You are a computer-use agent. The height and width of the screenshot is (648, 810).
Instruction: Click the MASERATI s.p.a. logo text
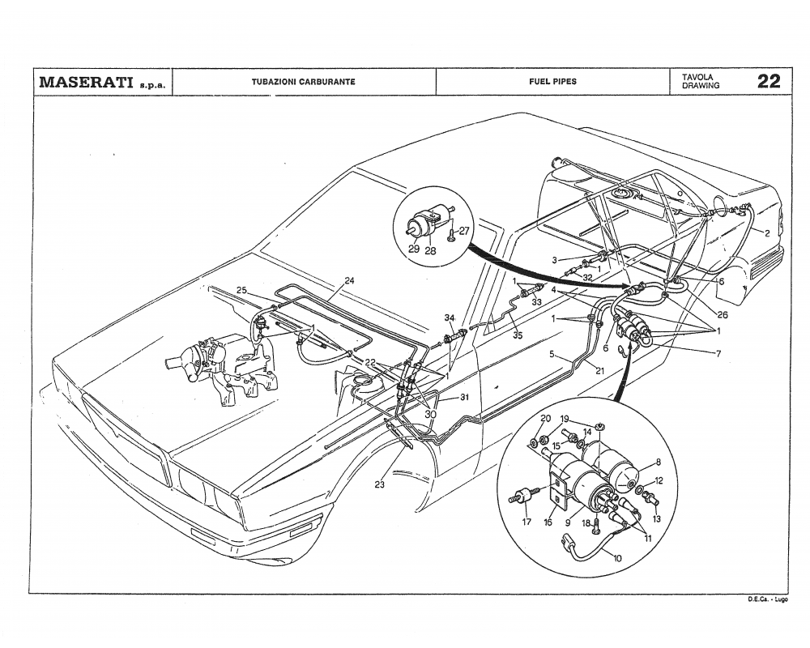(100, 82)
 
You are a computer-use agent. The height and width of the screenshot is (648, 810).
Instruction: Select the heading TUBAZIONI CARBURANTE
(304, 82)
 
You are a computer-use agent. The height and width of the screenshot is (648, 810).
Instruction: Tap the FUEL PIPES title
(552, 82)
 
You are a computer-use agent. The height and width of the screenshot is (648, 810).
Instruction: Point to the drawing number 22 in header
(769, 81)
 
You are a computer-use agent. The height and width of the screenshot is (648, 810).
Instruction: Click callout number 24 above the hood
(349, 281)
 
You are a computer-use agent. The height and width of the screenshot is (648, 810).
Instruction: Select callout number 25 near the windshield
(241, 290)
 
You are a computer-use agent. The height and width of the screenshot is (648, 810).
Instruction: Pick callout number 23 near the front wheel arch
(380, 484)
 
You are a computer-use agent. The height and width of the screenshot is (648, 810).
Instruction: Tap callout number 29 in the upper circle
(414, 249)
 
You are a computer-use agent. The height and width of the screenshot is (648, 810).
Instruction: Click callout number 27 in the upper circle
(464, 231)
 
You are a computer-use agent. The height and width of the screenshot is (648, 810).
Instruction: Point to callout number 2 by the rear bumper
(766, 232)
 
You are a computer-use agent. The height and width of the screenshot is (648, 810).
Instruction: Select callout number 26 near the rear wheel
(722, 315)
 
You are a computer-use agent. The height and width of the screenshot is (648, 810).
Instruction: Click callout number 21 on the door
(600, 370)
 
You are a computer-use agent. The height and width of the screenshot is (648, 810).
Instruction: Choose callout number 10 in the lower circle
(619, 558)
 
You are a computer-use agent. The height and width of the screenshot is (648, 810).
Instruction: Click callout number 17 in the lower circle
(526, 522)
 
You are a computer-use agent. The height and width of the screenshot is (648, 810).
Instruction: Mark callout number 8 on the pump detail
(658, 463)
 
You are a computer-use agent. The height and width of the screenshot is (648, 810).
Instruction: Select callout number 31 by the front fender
(465, 397)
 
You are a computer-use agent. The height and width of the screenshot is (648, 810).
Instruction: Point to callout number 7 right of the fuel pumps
(718, 353)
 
